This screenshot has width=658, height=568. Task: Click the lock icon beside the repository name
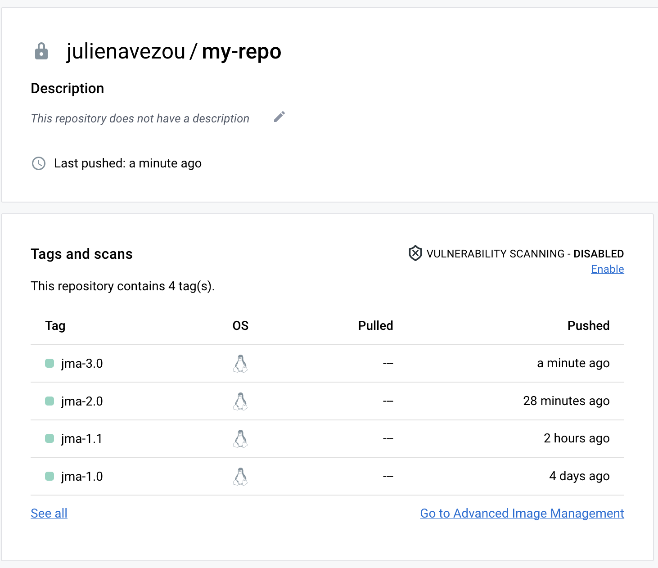click(41, 51)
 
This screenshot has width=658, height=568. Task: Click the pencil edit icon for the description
click(279, 117)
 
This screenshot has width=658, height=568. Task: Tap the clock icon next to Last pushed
click(39, 163)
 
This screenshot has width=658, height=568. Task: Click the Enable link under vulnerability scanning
click(607, 269)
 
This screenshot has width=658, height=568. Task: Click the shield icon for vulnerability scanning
click(415, 253)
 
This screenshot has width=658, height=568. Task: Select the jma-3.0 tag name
click(82, 364)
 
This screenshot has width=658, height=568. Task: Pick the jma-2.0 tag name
click(82, 401)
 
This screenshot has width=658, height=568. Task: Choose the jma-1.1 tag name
click(81, 439)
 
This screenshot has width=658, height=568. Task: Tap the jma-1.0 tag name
click(82, 477)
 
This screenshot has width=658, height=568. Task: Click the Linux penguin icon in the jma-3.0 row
click(240, 364)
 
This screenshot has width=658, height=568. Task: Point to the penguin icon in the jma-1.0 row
click(240, 477)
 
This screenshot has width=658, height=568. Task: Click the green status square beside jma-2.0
click(50, 401)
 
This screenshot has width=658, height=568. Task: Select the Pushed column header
click(588, 326)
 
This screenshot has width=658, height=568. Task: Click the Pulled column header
click(375, 326)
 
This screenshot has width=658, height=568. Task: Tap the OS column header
click(240, 326)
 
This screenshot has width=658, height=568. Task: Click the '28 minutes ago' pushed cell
click(566, 401)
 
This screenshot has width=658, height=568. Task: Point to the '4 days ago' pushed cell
click(579, 476)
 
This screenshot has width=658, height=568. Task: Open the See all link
click(49, 514)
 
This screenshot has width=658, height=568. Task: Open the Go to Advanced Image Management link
click(522, 514)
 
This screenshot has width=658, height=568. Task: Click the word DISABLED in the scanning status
click(599, 254)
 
